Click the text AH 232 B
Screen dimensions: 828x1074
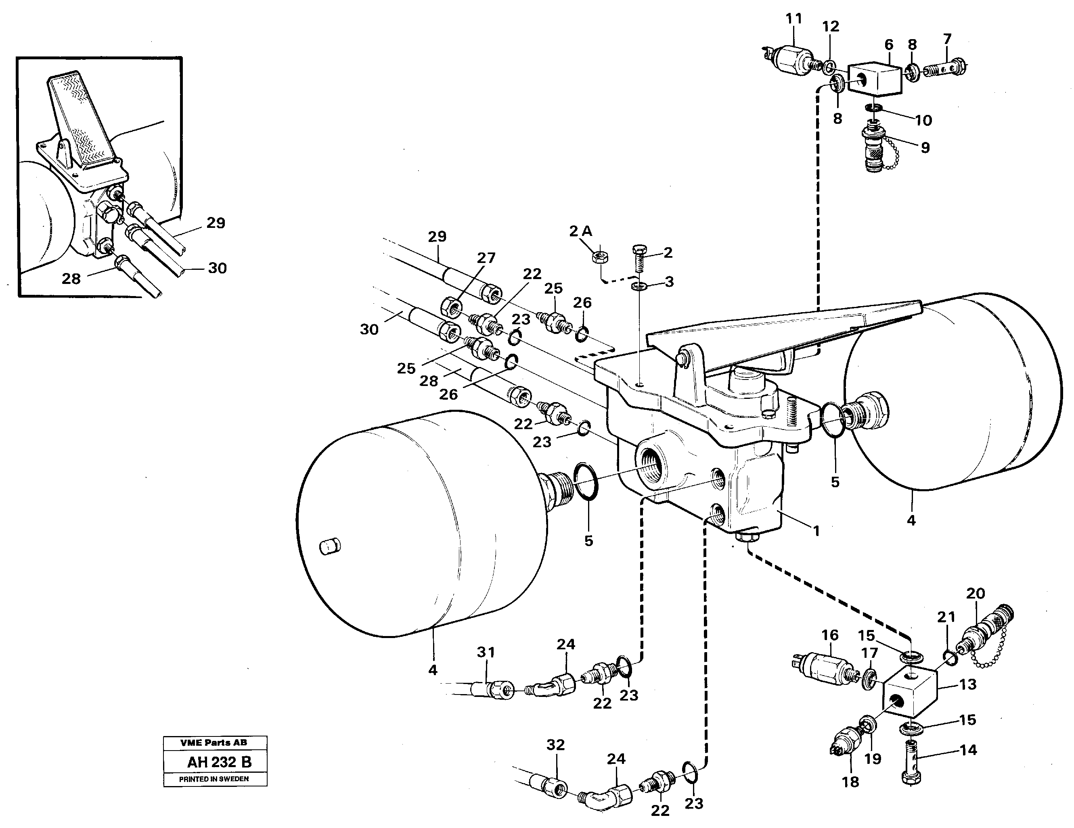coord(219,762)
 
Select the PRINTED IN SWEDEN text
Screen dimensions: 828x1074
coord(214,779)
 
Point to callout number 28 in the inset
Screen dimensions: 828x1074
coord(71,279)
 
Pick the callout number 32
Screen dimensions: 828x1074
coord(556,745)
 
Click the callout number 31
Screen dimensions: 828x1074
coord(486,652)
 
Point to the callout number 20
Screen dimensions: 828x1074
coord(976,593)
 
